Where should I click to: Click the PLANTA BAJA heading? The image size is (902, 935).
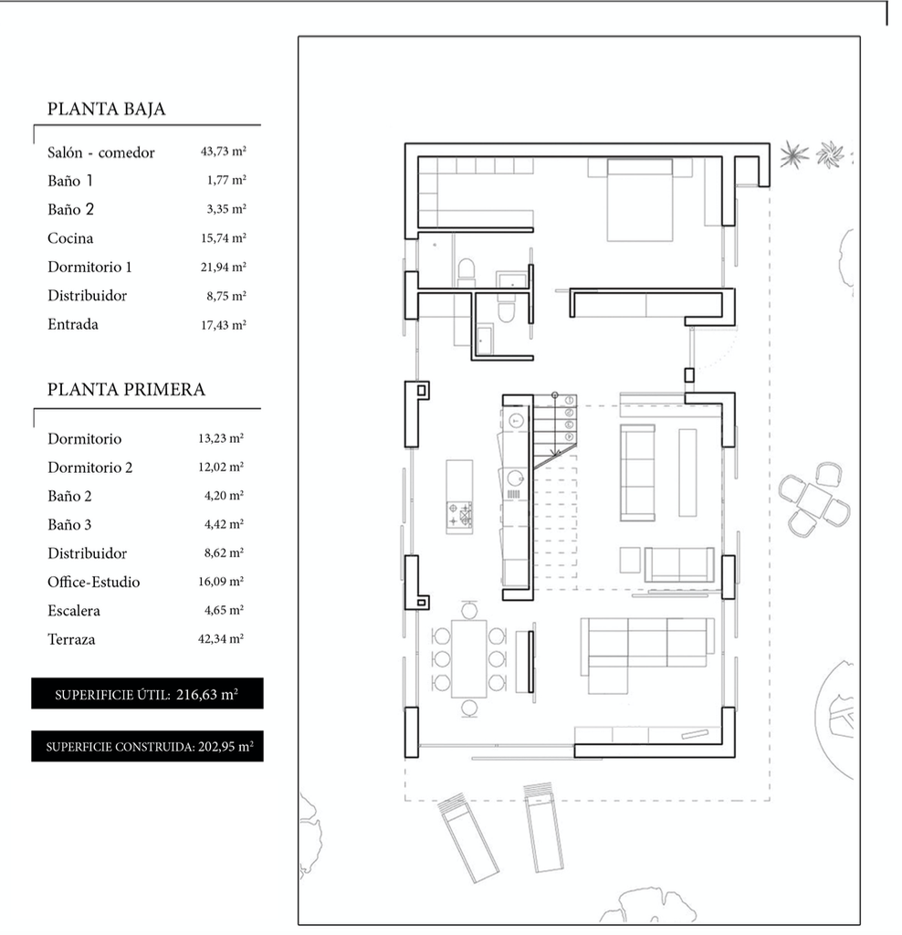106,109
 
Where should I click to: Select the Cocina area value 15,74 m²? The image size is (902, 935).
223,238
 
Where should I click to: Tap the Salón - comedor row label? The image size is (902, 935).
100,152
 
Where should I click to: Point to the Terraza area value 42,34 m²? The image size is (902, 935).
221,638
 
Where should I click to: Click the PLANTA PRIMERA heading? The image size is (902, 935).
126,389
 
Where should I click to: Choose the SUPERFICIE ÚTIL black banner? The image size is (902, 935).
147,694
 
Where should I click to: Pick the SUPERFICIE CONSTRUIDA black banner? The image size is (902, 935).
147,746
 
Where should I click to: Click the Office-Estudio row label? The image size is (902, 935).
94,582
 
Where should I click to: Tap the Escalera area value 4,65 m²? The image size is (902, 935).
224,610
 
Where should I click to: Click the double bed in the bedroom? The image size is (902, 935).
640,200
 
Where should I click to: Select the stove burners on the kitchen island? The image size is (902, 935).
459,514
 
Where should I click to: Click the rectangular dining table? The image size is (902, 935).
469,659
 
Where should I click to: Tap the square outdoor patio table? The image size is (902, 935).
814,499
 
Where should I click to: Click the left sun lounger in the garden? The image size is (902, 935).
468,838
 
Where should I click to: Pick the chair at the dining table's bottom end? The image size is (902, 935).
469,709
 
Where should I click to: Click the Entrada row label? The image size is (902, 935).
73,324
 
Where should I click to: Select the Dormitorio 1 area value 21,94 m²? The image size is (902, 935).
223,267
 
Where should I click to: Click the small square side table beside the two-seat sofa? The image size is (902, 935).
630,560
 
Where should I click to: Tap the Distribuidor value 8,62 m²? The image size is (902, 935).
224,552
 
